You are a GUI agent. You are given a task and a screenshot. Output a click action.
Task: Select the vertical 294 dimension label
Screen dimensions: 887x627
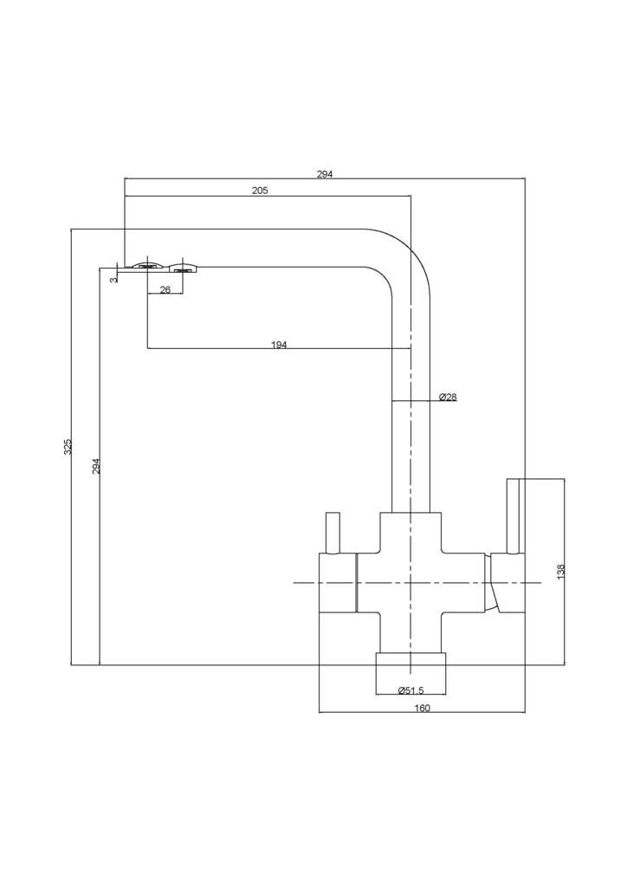click(97, 466)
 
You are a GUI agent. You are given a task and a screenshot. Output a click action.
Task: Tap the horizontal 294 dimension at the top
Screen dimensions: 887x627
click(324, 174)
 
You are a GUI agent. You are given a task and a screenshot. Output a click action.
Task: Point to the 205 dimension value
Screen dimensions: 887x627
click(260, 191)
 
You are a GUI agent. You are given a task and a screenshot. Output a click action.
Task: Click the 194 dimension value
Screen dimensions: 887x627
click(279, 345)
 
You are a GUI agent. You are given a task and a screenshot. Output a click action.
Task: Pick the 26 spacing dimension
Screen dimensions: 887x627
click(165, 289)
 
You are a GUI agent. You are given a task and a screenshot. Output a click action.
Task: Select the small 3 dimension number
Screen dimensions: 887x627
click(113, 280)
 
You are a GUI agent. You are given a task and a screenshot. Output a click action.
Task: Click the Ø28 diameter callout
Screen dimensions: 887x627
click(448, 398)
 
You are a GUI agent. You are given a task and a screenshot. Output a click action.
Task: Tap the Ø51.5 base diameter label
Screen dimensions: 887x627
click(410, 690)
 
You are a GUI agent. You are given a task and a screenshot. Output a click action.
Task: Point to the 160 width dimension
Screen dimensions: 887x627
click(422, 708)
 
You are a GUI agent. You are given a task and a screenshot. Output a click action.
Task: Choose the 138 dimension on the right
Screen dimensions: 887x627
click(561, 572)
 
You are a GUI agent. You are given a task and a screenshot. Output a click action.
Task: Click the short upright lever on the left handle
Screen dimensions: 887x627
click(332, 533)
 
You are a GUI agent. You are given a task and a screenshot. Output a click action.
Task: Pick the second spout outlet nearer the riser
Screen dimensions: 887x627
click(183, 266)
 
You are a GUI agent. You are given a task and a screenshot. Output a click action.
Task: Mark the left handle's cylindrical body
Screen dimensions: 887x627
click(339, 583)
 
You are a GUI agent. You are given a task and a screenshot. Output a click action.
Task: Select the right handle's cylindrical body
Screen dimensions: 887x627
click(507, 583)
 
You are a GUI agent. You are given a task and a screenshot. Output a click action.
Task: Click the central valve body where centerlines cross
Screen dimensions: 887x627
click(410, 583)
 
